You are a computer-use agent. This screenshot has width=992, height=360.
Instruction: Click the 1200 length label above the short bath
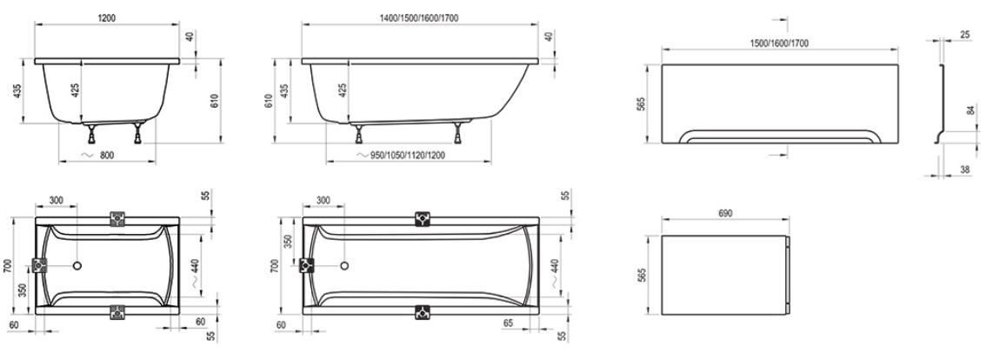(107, 18)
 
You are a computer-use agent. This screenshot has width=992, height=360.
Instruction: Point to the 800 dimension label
(107, 155)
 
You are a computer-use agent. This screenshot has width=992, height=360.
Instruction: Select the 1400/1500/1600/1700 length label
(420, 18)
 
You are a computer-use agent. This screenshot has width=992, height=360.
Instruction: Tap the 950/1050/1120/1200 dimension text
(408, 155)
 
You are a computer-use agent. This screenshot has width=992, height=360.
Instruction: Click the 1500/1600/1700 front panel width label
(779, 43)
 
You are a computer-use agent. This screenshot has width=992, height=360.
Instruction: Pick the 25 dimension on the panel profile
(965, 34)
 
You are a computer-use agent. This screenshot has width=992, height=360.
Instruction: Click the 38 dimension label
(965, 170)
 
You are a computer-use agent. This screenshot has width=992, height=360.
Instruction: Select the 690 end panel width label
(725, 214)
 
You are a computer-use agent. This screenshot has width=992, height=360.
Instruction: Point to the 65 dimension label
(508, 323)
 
